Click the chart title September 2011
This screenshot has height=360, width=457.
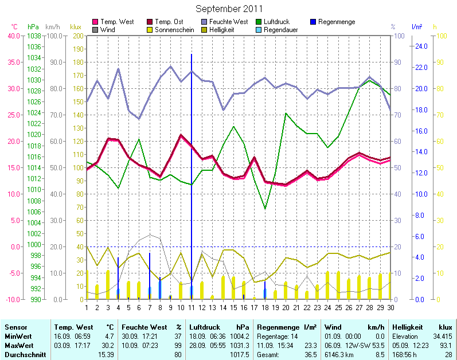click(x=229, y=9)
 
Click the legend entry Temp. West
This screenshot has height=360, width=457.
click(x=117, y=22)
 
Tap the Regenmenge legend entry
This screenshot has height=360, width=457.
click(x=336, y=22)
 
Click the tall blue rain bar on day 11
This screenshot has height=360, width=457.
click(x=192, y=172)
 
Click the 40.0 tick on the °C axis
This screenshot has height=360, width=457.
click(x=13, y=36)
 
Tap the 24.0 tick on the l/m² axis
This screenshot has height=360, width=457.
click(x=421, y=46)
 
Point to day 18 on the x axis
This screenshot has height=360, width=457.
click(x=265, y=307)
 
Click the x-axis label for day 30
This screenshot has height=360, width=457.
click(x=390, y=307)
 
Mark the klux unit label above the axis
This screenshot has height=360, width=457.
click(x=75, y=27)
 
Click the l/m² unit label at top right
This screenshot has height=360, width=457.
click(x=417, y=27)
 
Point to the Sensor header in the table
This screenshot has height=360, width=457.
click(x=15, y=327)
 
